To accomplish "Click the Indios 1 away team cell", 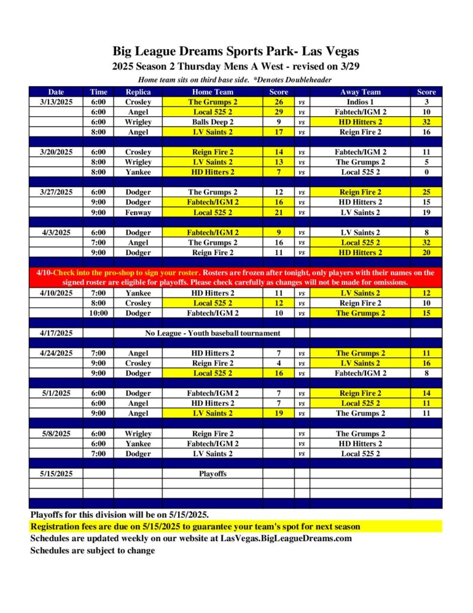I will click(x=360, y=102).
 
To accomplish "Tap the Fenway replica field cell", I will click(x=138, y=213).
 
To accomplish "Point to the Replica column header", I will click(x=138, y=92).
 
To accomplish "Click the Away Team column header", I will click(x=360, y=92).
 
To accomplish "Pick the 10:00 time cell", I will click(x=99, y=313).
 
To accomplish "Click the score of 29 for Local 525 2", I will click(x=279, y=112).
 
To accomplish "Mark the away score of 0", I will click(x=426, y=172).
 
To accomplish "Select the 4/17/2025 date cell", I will click(x=56, y=333).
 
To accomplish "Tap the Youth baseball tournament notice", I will click(x=213, y=333).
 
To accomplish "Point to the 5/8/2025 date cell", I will click(x=56, y=433).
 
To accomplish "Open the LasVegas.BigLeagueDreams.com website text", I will click(x=286, y=538).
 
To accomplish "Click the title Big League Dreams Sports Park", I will click(x=236, y=51).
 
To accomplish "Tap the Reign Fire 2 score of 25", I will click(x=426, y=192).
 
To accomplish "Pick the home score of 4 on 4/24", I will click(x=279, y=363).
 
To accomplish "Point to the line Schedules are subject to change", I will click(x=93, y=550).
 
